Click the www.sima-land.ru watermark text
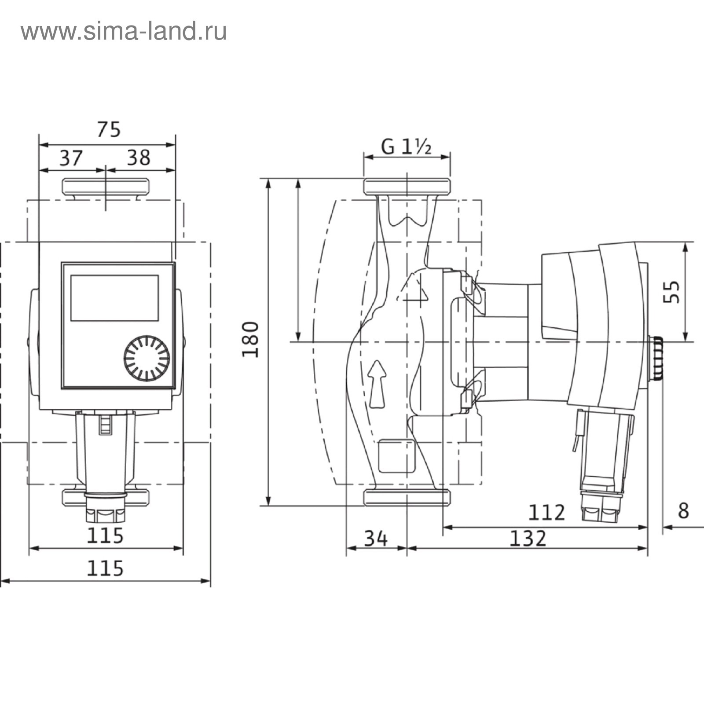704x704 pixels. pyautogui.click(x=124, y=32)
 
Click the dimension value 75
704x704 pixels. pyautogui.click(x=108, y=129)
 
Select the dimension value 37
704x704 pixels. pyautogui.click(x=71, y=158)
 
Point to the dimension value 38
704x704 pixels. pyautogui.click(x=139, y=158)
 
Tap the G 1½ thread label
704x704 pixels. pyautogui.click(x=406, y=147)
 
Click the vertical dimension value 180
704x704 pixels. pyautogui.click(x=251, y=340)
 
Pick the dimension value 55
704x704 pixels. pyautogui.click(x=671, y=292)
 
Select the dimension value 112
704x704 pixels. pyautogui.click(x=546, y=512)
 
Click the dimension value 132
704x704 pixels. pyautogui.click(x=528, y=538)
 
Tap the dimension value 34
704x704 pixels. pyautogui.click(x=376, y=538)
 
